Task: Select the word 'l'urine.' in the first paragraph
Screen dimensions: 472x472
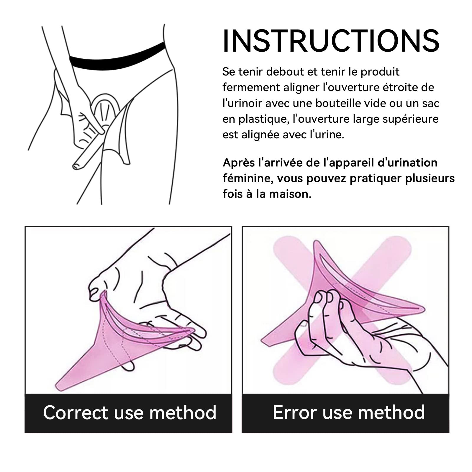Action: click(327, 135)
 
